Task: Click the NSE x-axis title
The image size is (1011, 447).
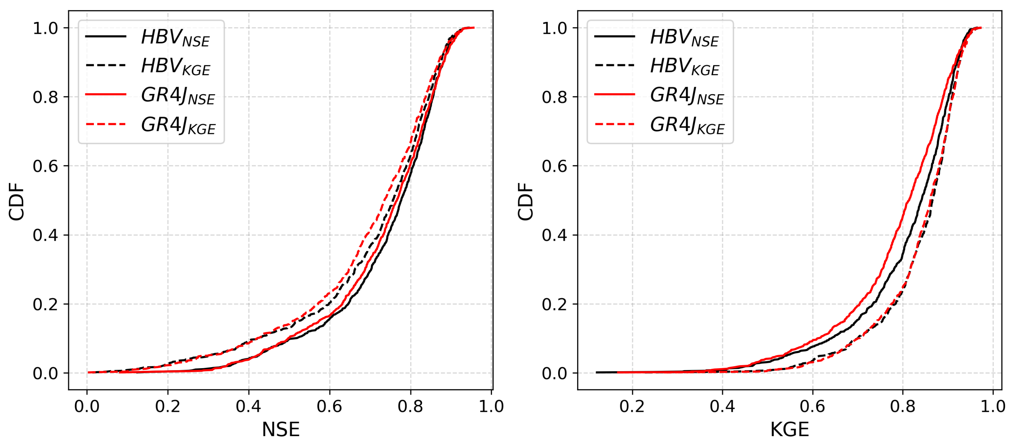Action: coord(281,429)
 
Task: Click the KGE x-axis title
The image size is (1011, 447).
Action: coord(790,429)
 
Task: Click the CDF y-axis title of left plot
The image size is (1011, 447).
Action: coord(16,202)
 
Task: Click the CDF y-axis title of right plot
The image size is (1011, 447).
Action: coord(525,202)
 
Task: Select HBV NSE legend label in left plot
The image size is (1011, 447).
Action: coord(175,38)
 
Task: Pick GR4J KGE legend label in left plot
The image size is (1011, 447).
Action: coord(178,126)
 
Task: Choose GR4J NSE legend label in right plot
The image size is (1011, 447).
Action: coord(687,97)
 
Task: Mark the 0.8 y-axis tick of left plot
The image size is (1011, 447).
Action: coord(46,97)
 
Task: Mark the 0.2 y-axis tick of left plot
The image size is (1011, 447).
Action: coord(46,304)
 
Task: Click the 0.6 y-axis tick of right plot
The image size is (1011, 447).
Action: coord(555,166)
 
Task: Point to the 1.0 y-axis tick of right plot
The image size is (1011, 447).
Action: coord(555,28)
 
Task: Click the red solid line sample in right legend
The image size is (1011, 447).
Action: coord(615,94)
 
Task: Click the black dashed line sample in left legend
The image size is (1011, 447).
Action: coord(106,65)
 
